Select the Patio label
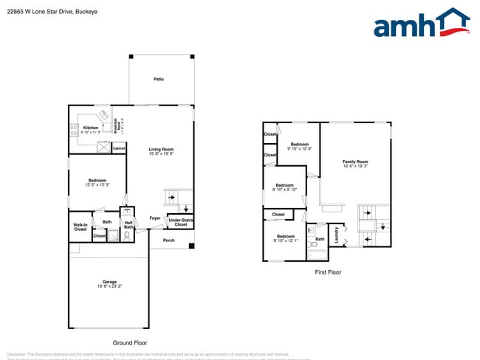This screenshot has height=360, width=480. (159, 79)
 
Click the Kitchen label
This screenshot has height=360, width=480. (91, 128)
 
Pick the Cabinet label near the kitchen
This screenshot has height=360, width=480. (119, 148)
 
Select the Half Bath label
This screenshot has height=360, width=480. (128, 225)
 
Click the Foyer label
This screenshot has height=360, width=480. (155, 218)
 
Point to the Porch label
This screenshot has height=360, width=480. (169, 240)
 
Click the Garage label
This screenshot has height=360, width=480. (109, 283)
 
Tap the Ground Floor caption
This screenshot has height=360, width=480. (130, 343)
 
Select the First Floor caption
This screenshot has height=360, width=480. (328, 272)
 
